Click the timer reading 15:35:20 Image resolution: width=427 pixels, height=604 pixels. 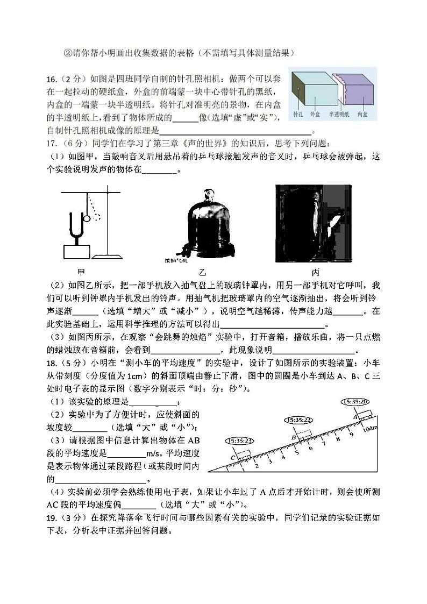[355, 401]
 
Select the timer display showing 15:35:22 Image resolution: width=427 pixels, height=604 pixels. [300, 420]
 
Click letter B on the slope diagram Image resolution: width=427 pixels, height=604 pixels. [294, 437]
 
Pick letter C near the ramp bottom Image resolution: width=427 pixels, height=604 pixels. [233, 457]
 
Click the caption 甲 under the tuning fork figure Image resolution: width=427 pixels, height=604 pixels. [81, 272]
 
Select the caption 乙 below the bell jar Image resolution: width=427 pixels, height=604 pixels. [202, 272]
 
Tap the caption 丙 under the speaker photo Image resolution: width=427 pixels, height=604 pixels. [315, 272]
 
